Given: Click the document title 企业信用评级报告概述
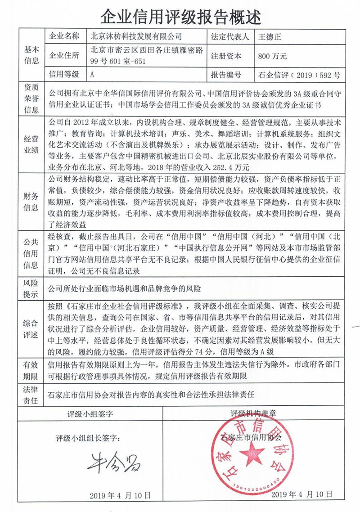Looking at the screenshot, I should pos(180,17).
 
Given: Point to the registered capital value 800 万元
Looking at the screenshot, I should pos(273,56).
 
